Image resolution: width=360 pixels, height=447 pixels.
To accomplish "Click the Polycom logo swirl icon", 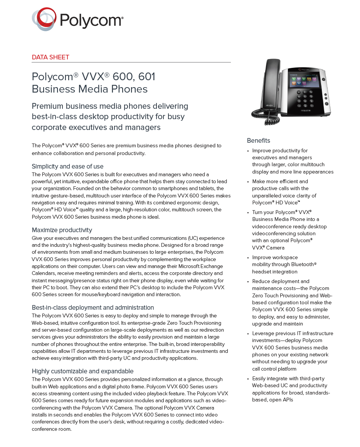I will click(44, 19).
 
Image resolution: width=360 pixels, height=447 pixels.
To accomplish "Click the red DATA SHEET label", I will click(50, 57).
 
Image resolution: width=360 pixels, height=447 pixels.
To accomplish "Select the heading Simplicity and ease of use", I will click(67, 167).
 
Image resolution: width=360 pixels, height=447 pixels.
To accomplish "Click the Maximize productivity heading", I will click(62, 230).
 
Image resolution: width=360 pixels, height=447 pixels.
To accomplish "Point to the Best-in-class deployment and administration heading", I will click(93, 308).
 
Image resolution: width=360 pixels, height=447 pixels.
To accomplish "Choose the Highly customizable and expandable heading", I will click(82, 371).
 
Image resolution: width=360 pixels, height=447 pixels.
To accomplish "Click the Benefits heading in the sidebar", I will click(259, 141).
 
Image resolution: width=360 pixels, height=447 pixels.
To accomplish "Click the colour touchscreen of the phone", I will click(303, 81).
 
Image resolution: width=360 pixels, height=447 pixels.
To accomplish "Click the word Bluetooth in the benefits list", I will click(302, 265).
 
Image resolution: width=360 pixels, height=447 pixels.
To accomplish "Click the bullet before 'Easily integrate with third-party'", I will click(248, 379).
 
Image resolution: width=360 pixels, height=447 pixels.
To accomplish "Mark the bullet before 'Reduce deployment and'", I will click(248, 282).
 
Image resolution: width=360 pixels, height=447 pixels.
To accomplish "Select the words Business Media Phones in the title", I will click(89, 89).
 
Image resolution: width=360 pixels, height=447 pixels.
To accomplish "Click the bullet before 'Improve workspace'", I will click(248, 258).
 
